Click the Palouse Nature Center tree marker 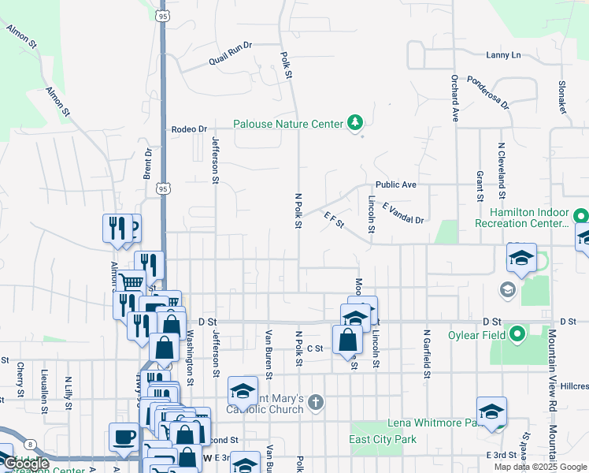pos(355,123)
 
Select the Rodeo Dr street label pos(189,129)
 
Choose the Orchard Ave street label pos(454,97)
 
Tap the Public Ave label pos(395,184)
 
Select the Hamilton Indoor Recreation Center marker pos(580,215)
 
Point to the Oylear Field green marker pos(517,335)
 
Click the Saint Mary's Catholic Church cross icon pos(315,404)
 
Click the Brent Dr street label pos(147,163)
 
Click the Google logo pos(27,464)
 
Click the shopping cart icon pos(132,280)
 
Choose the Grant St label pos(479,185)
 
